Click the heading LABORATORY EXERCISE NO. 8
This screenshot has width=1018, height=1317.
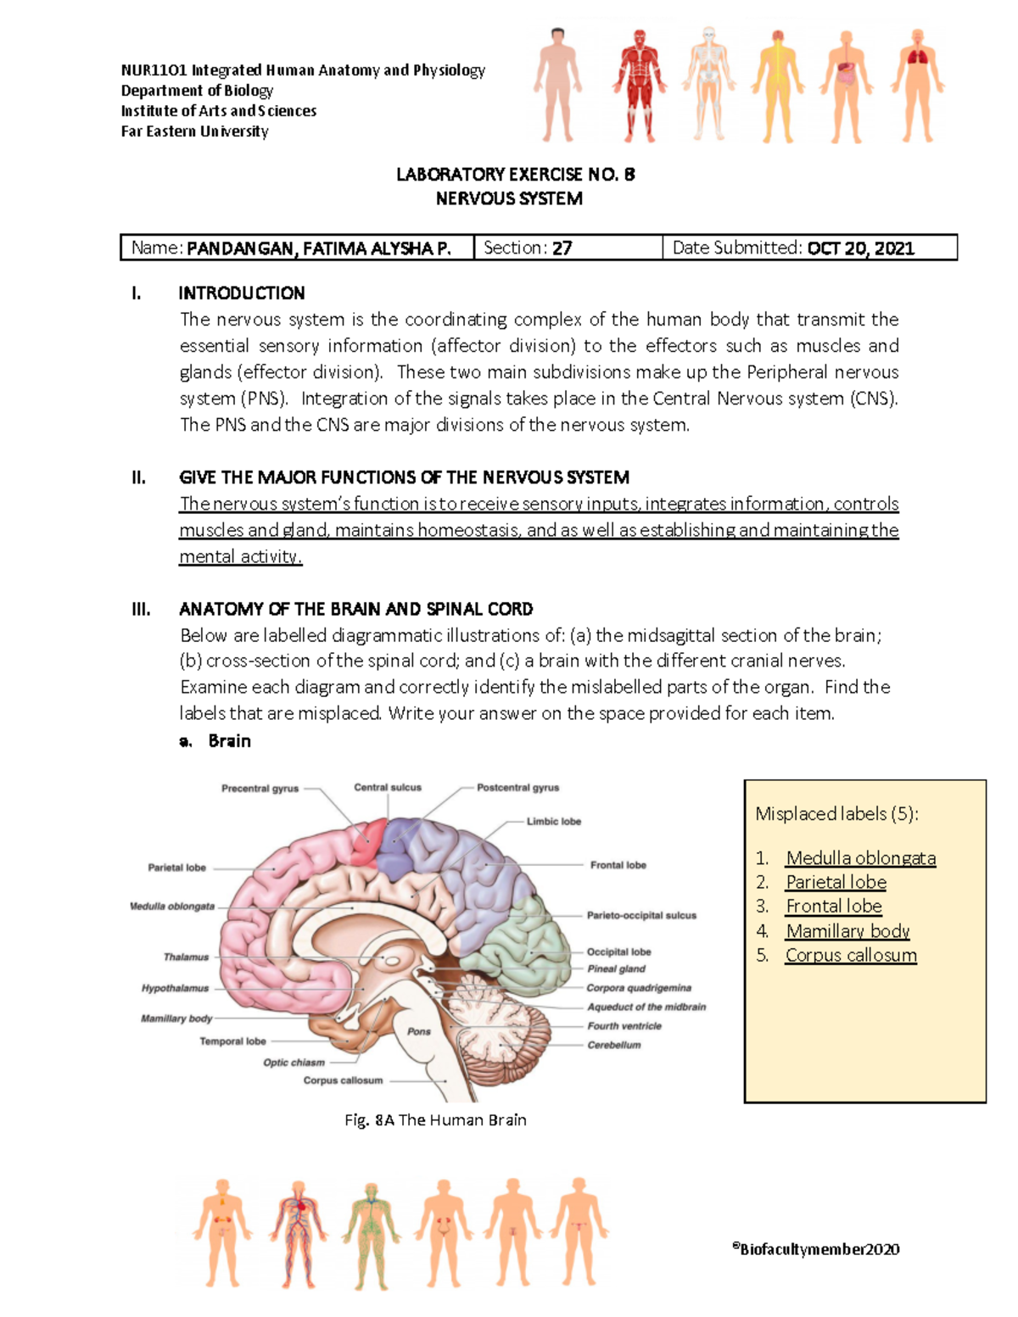515,175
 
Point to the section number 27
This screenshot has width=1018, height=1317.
562,248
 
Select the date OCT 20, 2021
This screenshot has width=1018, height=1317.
860,248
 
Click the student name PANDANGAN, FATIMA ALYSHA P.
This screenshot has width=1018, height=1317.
318,248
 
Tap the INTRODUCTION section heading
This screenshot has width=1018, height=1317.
241,293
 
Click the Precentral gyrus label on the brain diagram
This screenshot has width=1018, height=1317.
260,789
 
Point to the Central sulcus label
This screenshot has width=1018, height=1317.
388,788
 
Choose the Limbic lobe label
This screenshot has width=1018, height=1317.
554,822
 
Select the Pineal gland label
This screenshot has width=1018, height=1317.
617,968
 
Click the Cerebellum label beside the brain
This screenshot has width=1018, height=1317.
614,1045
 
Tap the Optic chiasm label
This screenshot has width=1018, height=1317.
294,1062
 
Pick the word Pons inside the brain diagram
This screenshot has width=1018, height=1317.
419,1031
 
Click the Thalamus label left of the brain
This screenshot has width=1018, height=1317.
186,957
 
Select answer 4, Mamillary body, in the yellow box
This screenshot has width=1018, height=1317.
847,931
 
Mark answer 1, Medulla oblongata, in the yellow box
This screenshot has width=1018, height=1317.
860,858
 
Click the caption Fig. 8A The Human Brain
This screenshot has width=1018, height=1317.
435,1120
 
